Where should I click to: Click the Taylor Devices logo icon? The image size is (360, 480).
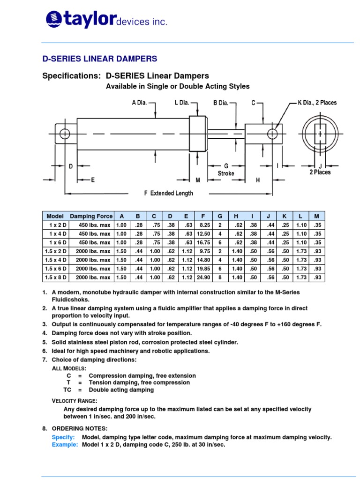pyautogui.click(x=53, y=19)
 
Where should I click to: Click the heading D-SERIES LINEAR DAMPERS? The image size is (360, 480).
pyautogui.click(x=100, y=59)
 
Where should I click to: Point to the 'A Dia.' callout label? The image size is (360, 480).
pyautogui.click(x=139, y=103)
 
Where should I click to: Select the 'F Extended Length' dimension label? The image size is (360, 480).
pyautogui.click(x=168, y=193)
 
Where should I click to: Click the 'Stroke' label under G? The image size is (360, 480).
pyautogui.click(x=226, y=173)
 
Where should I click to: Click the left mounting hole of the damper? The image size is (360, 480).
pyautogui.click(x=65, y=135)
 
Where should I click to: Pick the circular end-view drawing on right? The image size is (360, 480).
pyautogui.click(x=320, y=134)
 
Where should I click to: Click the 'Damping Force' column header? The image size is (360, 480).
pyautogui.click(x=91, y=216)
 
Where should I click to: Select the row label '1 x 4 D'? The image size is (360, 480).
pyautogui.click(x=56, y=234)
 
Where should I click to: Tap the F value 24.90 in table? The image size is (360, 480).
pyautogui.click(x=202, y=277)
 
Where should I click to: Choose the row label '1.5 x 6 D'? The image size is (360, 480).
pyautogui.click(x=56, y=269)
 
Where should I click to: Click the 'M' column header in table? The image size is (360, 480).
pyautogui.click(x=316, y=216)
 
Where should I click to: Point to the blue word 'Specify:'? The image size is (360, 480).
pyautogui.click(x=63, y=437)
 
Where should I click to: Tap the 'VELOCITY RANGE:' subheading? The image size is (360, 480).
pyautogui.click(x=74, y=401)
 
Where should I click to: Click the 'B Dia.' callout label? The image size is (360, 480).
pyautogui.click(x=221, y=103)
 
